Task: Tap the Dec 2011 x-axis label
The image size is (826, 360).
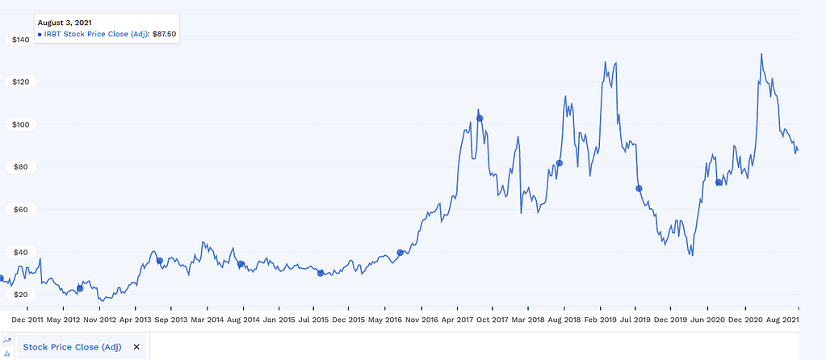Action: pos(27,320)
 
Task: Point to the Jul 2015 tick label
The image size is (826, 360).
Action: pos(313,320)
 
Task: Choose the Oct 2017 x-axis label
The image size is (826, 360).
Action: pos(492,320)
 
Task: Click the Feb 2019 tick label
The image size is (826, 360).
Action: pos(599,320)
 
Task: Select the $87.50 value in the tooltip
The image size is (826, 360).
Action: pos(164,34)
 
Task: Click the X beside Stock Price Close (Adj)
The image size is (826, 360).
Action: pos(136,347)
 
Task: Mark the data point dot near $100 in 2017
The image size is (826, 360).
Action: pos(480,119)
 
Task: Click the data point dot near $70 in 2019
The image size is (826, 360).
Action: pos(639,188)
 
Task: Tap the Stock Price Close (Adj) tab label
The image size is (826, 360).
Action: pos(72,347)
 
